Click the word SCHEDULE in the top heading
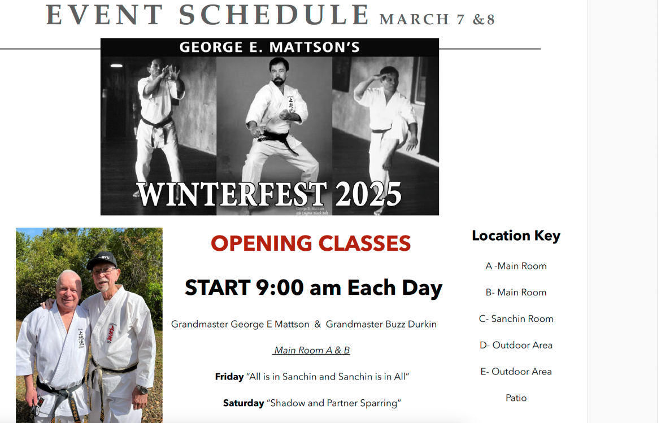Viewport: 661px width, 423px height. coord(274,15)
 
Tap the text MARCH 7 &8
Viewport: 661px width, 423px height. coord(437,19)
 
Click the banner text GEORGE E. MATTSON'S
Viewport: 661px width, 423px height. coord(269,47)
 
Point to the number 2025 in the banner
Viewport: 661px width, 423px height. coord(368,194)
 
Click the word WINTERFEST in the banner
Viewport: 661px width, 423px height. coord(232,194)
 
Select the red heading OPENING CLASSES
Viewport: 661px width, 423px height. coord(311,243)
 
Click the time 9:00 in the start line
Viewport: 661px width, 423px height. coord(280,288)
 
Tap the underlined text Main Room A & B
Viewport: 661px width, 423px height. coord(311,350)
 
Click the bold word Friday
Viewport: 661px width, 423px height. coord(229,377)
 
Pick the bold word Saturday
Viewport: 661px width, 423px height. coord(243,403)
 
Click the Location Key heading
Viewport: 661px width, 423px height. coord(516,236)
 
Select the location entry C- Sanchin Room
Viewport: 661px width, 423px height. coord(516,319)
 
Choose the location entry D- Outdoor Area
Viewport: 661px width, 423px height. coord(516,346)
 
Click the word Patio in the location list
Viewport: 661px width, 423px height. coord(516,398)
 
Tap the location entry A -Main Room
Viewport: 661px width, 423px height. coord(516,266)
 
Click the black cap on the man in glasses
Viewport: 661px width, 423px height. coord(102,260)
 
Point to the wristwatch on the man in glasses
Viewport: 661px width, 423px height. coord(142,390)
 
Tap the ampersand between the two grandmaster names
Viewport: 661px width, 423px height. coord(318,324)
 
